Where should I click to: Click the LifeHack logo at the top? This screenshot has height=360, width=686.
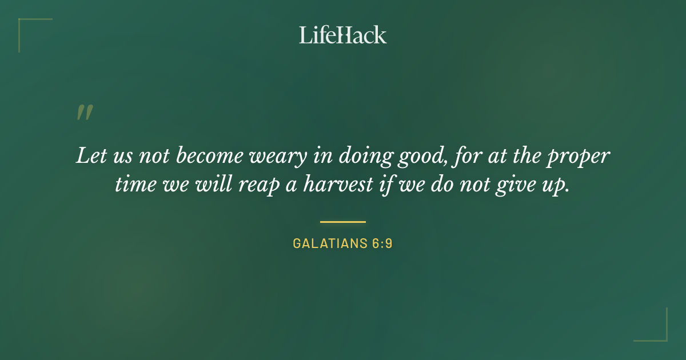[342, 35]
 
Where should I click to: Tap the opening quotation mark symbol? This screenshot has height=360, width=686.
[84, 113]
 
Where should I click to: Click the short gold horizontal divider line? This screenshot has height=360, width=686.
[342, 222]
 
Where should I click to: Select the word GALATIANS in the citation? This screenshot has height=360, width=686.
[329, 243]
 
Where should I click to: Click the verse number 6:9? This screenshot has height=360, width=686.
[381, 243]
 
